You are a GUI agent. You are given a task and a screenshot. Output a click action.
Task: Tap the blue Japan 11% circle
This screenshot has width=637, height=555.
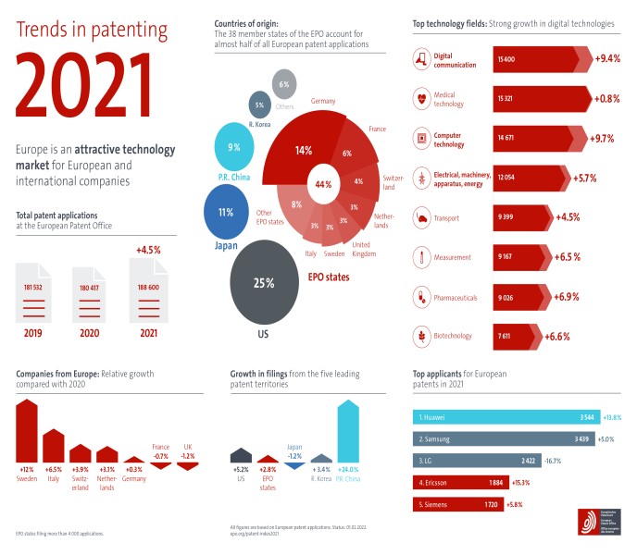click(225, 212)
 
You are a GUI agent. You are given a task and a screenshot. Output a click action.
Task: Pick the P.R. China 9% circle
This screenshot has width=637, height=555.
click(234, 147)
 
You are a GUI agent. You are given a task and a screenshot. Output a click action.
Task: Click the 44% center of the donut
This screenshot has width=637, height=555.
click(324, 183)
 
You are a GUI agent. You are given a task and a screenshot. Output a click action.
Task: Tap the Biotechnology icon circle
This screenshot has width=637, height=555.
click(423, 336)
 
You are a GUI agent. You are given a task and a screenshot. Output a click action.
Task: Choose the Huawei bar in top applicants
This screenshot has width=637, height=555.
click(505, 417)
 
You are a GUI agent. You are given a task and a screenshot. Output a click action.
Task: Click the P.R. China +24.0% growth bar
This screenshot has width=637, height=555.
click(348, 431)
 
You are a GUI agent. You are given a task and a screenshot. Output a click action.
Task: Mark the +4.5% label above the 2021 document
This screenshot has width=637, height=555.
click(148, 250)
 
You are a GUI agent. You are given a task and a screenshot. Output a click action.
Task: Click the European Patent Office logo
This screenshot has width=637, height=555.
click(591, 521)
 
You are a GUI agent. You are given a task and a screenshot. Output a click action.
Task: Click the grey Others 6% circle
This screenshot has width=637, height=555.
click(283, 84)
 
